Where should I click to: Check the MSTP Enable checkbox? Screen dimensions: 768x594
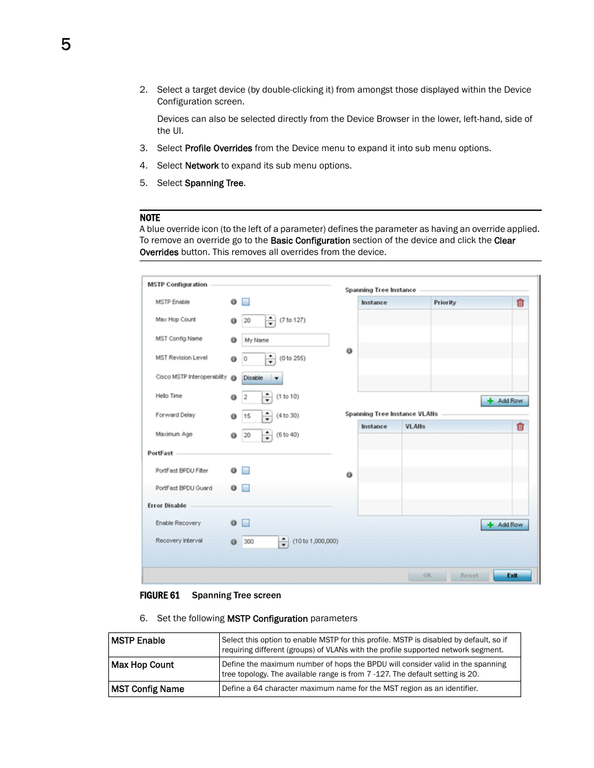coord(246,302)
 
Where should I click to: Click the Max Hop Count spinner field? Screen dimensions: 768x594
coord(253,321)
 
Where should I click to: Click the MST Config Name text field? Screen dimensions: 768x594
coord(285,340)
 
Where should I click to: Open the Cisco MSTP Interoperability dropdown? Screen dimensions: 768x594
coord(262,378)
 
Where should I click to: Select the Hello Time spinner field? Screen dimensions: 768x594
coord(252,397)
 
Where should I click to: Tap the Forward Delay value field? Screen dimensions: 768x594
coord(252,417)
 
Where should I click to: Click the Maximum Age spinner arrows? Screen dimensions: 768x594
coord(268,436)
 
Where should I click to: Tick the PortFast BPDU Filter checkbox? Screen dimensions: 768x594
coord(246,471)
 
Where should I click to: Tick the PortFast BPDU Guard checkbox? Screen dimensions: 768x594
coord(246,488)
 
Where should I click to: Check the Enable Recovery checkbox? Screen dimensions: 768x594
coord(246,523)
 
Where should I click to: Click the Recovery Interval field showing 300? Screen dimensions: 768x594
coord(260,542)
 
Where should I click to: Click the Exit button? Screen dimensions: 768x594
coord(512,575)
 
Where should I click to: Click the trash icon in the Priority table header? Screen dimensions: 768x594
coord(520,303)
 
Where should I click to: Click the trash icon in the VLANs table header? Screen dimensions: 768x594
coord(520,427)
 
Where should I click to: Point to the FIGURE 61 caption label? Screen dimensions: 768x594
coord(159,596)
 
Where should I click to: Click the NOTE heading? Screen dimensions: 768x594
coord(150,218)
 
